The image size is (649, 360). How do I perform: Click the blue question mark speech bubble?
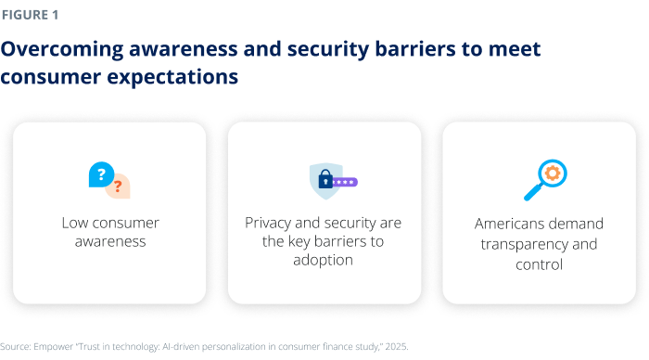(x=100, y=174)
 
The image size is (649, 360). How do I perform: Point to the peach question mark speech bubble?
(x=119, y=186)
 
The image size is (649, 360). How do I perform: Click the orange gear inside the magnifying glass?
(x=553, y=173)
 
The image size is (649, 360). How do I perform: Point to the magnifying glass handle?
(x=533, y=194)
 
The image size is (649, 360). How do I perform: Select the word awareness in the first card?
(x=110, y=241)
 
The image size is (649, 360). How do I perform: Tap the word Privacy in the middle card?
(x=269, y=223)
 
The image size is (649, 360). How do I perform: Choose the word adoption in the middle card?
(x=324, y=260)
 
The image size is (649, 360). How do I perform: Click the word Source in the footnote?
(x=16, y=346)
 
